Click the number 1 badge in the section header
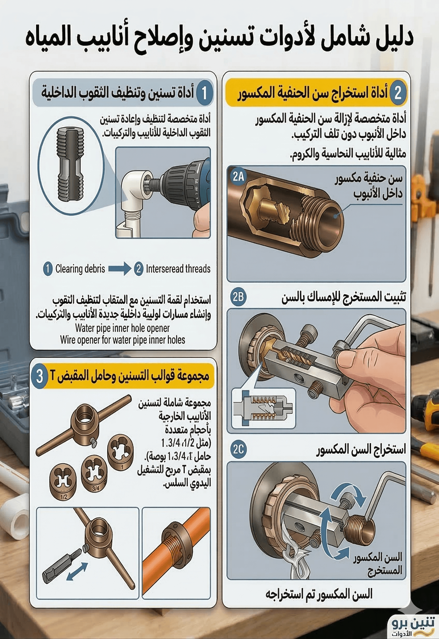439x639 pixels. click(x=204, y=93)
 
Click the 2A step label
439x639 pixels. click(x=238, y=176)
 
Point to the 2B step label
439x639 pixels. click(x=238, y=297)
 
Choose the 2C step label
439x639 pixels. click(x=238, y=450)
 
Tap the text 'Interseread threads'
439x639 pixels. click(x=178, y=269)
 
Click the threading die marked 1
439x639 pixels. click(x=120, y=453)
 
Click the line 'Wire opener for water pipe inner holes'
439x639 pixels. click(x=122, y=340)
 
